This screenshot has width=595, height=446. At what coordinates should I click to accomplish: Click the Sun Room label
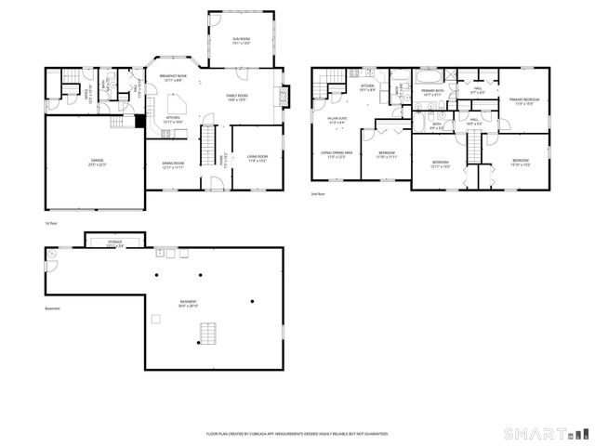(x=242, y=40)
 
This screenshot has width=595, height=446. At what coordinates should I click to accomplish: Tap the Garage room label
(x=96, y=164)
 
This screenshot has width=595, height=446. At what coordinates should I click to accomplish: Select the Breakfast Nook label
(x=174, y=77)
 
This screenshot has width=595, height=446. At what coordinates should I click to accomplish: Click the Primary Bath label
(x=433, y=92)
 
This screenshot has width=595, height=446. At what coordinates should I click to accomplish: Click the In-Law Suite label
(x=336, y=120)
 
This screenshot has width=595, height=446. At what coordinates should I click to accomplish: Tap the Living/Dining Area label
(x=336, y=154)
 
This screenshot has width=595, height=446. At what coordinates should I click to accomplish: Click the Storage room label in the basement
(x=114, y=243)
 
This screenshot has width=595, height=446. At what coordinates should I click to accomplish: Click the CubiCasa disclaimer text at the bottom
(x=297, y=434)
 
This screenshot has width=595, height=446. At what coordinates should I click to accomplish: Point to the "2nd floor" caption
(x=318, y=193)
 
